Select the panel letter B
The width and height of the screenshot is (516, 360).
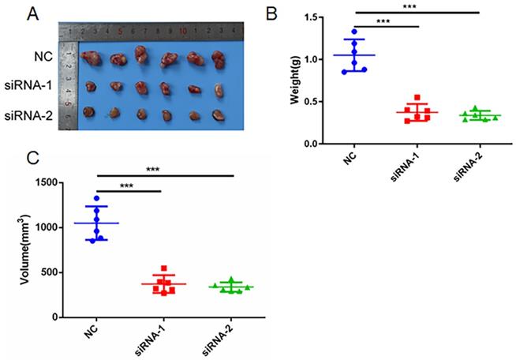click(271, 13)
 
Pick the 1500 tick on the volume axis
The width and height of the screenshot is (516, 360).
click(49, 183)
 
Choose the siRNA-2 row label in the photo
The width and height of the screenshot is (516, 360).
click(32, 114)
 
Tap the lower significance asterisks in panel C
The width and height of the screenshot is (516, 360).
click(129, 186)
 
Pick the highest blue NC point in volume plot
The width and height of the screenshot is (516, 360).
click(97, 198)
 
